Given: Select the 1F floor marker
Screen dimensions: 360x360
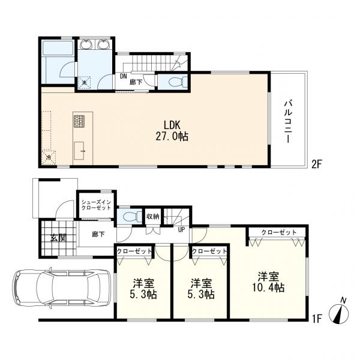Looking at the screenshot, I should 318,318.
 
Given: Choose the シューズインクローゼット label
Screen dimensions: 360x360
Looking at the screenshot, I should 96,204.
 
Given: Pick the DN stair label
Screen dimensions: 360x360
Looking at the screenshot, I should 123,77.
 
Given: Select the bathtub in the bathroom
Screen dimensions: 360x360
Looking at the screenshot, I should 58,52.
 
